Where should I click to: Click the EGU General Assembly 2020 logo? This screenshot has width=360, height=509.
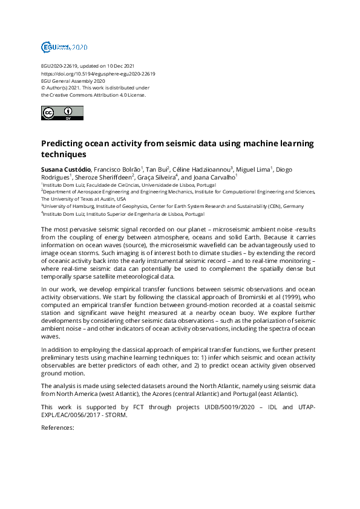tap(64, 47)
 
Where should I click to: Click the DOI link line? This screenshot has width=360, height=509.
tap(98, 74)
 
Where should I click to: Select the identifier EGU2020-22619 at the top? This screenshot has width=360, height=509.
tap(60, 66)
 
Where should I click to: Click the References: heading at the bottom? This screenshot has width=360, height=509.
tap(57, 427)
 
